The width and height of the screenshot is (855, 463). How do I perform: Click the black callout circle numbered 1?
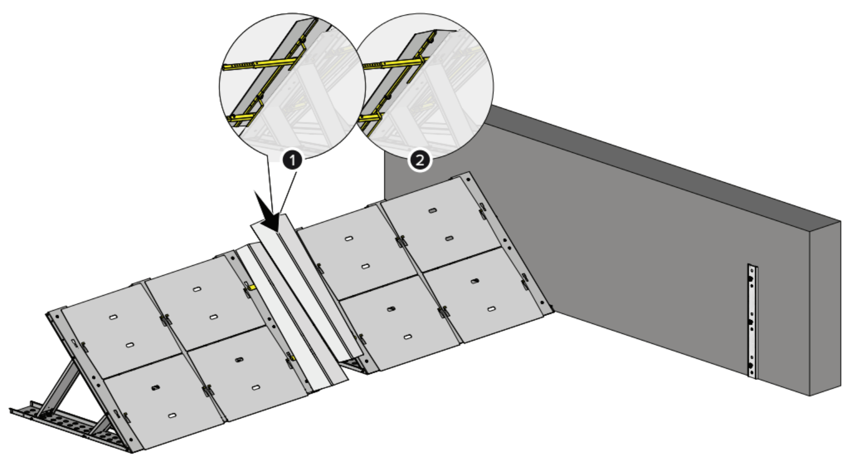pyautogui.click(x=293, y=160)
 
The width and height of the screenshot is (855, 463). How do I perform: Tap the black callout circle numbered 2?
pyautogui.click(x=420, y=160)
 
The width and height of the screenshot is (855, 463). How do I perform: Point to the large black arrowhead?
pyautogui.click(x=268, y=212)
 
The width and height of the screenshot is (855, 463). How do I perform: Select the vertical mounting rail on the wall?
pyautogui.click(x=752, y=321)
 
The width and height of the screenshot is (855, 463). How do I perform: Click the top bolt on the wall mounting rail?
pyautogui.click(x=751, y=279)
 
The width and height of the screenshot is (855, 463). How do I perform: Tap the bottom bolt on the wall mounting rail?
pyautogui.click(x=751, y=366)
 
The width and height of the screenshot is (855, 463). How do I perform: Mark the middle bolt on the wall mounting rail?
pyautogui.click(x=751, y=322)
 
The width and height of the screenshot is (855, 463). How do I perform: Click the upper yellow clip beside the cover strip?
pyautogui.click(x=252, y=287)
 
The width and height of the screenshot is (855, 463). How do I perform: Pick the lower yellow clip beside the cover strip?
pyautogui.click(x=293, y=358)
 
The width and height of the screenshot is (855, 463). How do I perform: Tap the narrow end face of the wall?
pyautogui.click(x=825, y=308)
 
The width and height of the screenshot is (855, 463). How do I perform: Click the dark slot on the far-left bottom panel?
pyautogui.click(x=155, y=388)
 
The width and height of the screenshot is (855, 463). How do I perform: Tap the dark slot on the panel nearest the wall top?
pyautogui.click(x=432, y=210)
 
